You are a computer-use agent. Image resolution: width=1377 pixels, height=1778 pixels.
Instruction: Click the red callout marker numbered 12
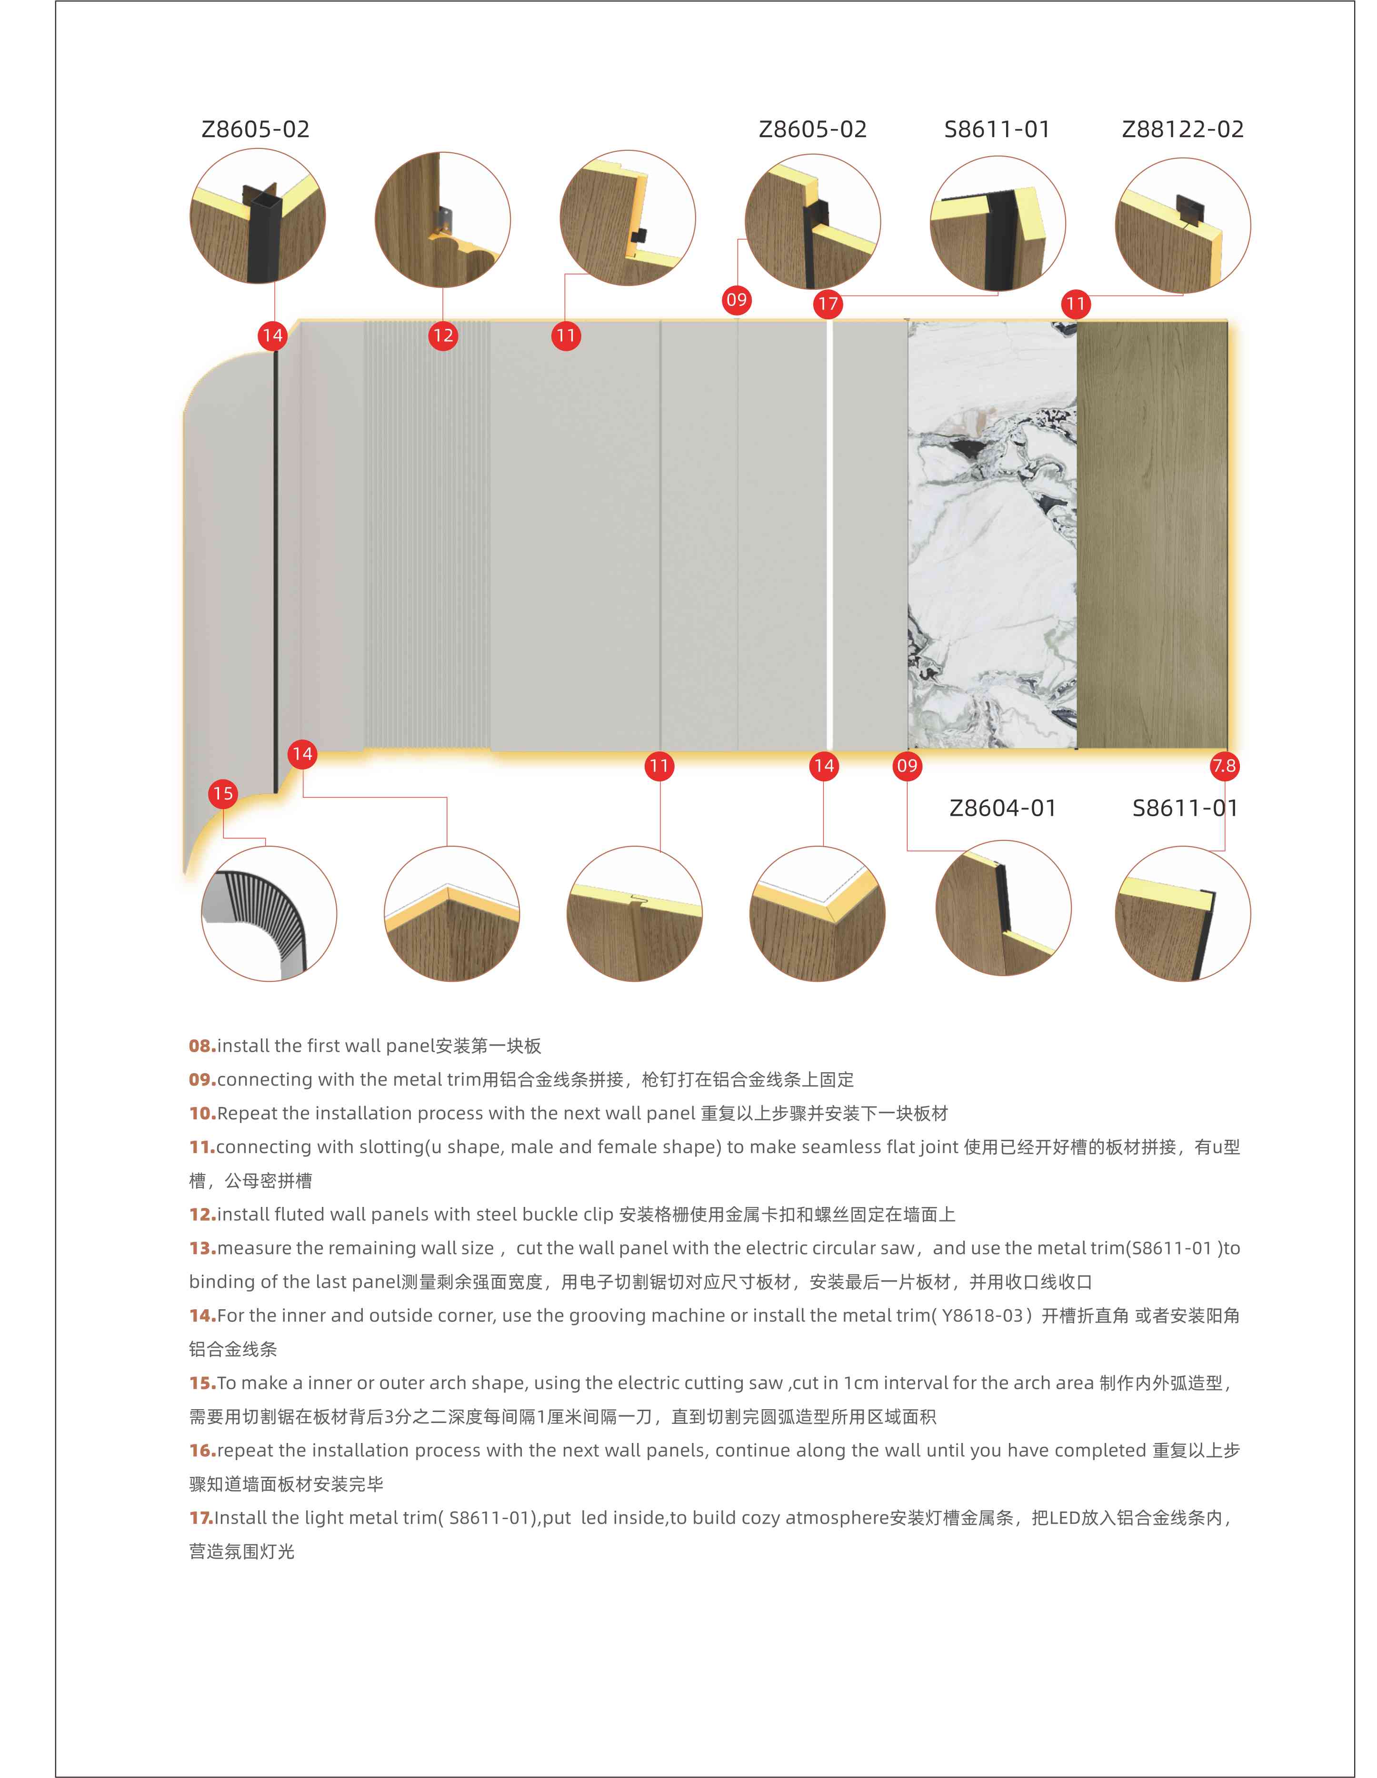click(x=443, y=336)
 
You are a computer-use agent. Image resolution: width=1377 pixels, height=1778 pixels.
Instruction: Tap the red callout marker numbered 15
click(x=222, y=794)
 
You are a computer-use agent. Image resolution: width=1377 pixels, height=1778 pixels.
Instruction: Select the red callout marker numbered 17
click(x=828, y=305)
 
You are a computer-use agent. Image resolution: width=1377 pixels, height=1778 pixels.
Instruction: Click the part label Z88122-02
click(x=1182, y=129)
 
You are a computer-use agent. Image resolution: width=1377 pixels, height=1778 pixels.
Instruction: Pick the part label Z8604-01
click(x=1002, y=809)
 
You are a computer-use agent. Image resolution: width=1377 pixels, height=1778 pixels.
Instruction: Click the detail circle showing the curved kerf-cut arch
click(x=269, y=913)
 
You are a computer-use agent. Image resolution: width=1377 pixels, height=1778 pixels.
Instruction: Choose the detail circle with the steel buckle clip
click(x=442, y=220)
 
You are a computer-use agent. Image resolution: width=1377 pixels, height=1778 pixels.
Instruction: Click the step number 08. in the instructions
click(x=202, y=1046)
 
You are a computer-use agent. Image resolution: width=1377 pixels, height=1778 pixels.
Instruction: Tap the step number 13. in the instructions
click(x=202, y=1248)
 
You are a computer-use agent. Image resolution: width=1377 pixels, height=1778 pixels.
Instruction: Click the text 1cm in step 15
click(x=861, y=1383)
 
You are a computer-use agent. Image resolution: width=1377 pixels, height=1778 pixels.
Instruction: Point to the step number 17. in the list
click(x=201, y=1518)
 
